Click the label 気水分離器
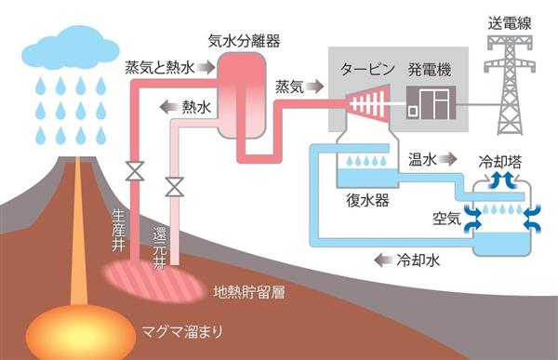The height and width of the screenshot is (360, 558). [244, 41]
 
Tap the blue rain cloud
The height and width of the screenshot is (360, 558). [70, 47]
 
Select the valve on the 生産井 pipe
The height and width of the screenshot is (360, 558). [135, 171]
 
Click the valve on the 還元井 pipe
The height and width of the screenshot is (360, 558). [175, 187]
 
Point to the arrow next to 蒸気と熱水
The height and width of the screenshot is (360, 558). [206, 67]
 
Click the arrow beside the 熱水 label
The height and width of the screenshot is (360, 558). [169, 107]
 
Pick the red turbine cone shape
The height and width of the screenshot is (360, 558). [367, 104]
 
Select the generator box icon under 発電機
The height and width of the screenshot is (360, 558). [431, 102]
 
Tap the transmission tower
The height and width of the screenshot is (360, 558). [510, 85]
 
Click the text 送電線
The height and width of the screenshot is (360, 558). [510, 23]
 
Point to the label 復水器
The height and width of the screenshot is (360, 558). [367, 200]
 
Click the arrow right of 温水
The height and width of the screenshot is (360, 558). [447, 159]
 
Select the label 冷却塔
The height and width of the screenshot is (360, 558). [499, 162]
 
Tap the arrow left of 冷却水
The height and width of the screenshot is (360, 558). [383, 260]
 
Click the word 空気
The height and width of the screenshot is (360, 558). [446, 219]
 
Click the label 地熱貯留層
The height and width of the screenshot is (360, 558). [249, 292]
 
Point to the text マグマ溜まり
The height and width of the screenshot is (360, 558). [182, 331]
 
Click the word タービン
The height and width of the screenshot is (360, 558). [367, 69]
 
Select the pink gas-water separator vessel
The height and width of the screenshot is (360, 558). [242, 96]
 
